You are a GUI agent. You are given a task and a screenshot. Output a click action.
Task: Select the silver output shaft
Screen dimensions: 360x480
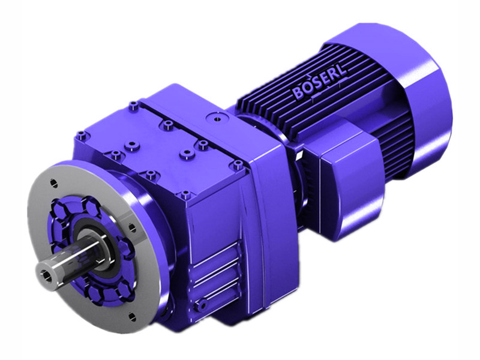[x=66, y=265]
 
